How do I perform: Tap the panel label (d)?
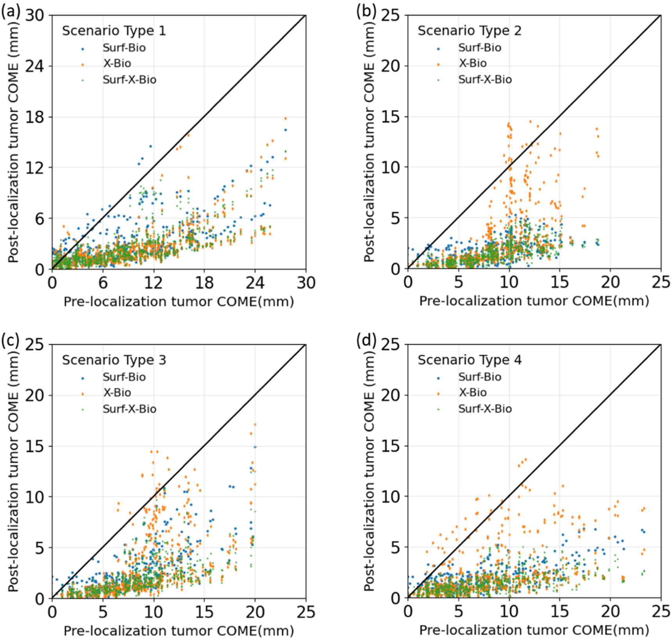pos(366,341)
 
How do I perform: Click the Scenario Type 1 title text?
pos(114,31)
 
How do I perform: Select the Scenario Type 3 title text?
pos(114,360)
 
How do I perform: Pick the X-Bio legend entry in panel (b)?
pos(472,63)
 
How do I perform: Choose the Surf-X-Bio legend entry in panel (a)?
pos(129,80)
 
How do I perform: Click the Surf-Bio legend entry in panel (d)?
pos(479,377)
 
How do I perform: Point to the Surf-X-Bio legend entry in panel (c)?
pos(129,409)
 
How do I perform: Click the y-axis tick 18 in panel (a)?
pos(34,117)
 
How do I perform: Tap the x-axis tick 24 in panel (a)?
pos(255,283)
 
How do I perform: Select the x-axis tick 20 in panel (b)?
pos(610,282)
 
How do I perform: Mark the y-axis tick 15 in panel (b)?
pos(390,117)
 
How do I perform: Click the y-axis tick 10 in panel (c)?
pos(34,497)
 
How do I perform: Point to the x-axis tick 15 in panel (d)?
pos(559,612)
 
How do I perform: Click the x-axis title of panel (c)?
pos(179,631)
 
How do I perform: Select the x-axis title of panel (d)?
pos(534,630)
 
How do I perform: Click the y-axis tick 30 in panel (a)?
pos(34,16)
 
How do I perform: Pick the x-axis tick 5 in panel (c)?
pos(103,612)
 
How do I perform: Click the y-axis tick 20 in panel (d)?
pos(390,395)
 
